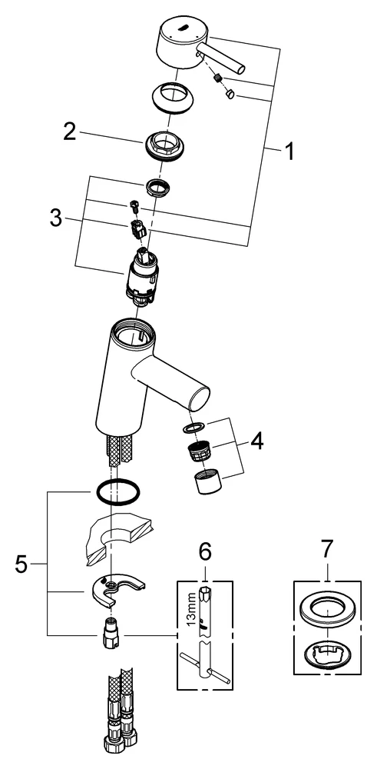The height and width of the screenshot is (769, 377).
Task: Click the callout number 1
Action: coord(289,153)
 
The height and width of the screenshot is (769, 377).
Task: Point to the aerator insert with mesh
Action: coord(200,451)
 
